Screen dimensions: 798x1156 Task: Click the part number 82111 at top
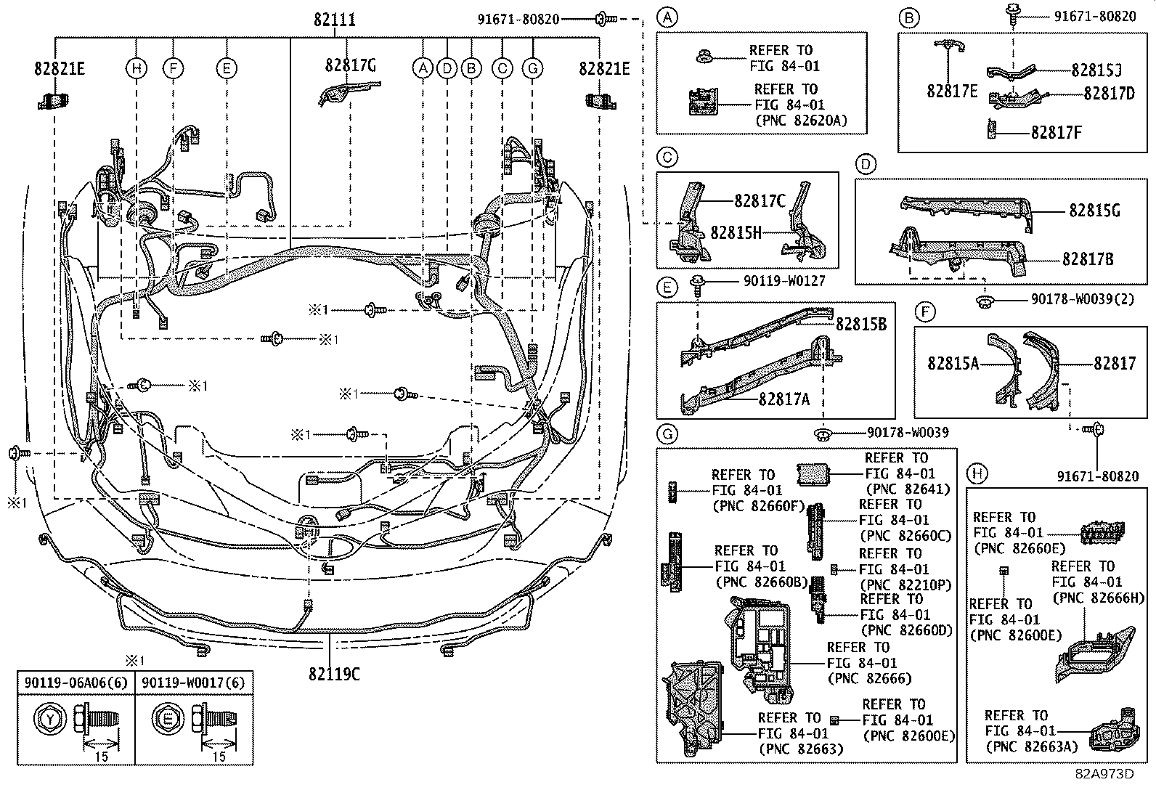pos(335,20)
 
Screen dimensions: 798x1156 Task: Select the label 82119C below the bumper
pos(333,673)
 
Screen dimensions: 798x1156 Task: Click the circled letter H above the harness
pos(136,69)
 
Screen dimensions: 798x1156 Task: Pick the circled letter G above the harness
pos(532,69)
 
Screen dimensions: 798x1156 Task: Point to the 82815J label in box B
pos(1096,70)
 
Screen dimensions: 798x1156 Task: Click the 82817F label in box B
pos(1057,132)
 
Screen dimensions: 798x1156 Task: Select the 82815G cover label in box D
pos(1094,211)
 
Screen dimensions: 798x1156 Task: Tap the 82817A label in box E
pos(783,399)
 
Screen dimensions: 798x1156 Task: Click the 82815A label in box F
pos(953,362)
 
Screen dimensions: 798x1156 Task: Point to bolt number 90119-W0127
pos(784,280)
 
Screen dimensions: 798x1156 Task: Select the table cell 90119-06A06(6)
pos(76,683)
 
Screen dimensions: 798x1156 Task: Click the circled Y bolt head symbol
pos(49,719)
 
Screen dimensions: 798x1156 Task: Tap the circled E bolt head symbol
pos(168,719)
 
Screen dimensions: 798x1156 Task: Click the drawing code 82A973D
pos(1104,773)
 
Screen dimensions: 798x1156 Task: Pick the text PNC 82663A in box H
pos(1031,746)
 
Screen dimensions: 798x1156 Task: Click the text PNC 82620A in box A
pos(800,121)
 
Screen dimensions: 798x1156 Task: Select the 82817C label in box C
pos(760,201)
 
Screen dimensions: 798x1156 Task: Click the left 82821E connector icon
pos(52,100)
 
